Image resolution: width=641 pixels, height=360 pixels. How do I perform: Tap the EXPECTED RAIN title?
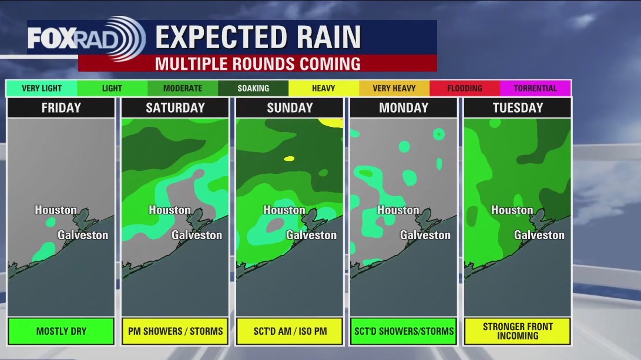258,38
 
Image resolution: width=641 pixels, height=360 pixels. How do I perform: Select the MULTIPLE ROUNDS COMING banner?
257,63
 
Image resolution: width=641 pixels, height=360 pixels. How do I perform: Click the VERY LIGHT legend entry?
42,89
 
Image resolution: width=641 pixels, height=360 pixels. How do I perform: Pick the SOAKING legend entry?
253,89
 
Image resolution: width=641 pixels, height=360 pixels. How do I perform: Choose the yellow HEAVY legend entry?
324,89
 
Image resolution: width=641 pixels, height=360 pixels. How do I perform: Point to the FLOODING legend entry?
465,89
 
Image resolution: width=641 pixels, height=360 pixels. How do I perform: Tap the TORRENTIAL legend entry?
535,89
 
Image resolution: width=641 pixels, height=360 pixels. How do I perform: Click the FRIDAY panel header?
61,108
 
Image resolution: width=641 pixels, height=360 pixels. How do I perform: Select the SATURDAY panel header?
175,108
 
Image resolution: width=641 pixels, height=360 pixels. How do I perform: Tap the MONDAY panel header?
404,108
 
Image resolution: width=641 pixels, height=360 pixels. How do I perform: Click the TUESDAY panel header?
518,108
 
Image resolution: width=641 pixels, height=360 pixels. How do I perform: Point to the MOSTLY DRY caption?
61,331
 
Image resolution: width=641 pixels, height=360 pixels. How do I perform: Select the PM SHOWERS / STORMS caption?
175,331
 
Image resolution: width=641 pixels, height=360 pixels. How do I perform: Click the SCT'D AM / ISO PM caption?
289,331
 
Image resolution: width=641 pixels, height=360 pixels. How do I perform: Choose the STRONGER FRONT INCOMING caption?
518,331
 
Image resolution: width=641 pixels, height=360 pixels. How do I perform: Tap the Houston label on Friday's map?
56,210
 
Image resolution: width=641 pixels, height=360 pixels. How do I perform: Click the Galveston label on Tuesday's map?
539,235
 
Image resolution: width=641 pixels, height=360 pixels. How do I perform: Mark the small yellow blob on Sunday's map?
289,159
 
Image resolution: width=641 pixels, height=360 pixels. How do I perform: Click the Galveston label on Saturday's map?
197,235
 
